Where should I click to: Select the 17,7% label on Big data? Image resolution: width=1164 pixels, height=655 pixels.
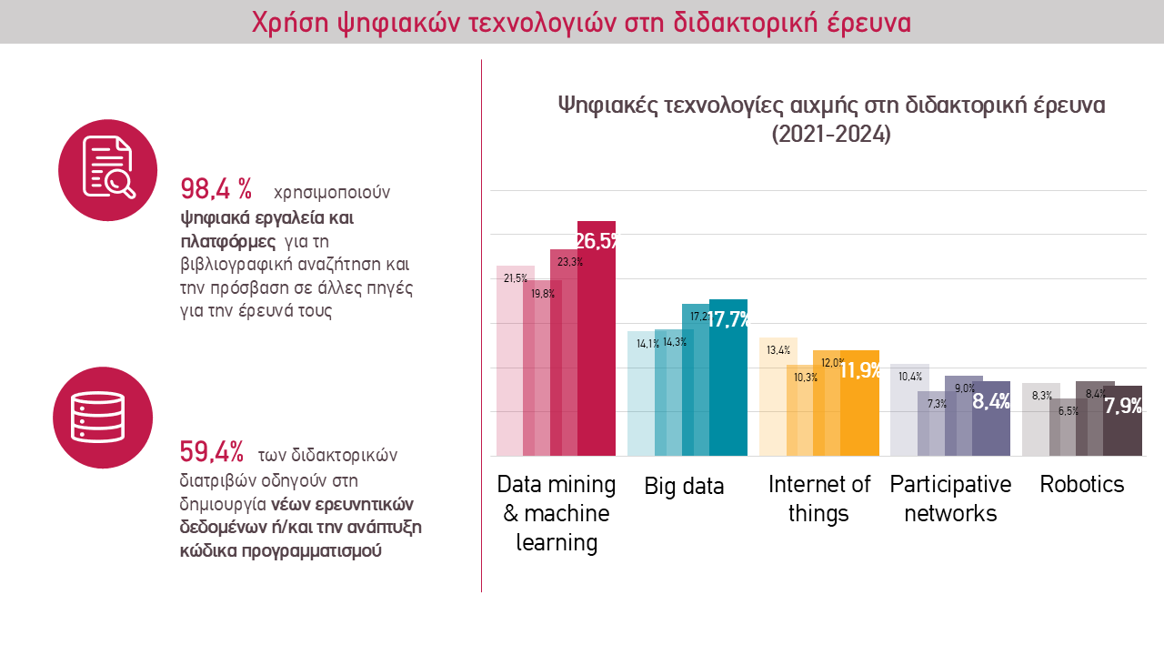click(729, 319)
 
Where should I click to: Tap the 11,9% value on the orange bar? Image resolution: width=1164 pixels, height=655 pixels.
click(860, 370)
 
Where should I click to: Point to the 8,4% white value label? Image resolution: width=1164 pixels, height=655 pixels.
click(991, 401)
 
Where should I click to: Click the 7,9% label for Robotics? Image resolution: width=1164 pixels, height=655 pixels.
click(1123, 406)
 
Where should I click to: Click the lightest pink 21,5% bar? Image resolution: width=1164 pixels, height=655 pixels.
click(508, 364)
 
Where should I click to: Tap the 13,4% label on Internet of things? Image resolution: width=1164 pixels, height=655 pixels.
click(778, 350)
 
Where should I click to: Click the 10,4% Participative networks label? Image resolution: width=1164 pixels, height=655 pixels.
click(910, 377)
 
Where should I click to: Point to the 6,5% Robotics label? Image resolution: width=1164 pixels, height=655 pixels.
click(1069, 411)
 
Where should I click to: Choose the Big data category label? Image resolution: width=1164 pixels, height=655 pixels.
click(684, 486)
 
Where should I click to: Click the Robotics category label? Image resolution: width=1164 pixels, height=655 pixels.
click(1082, 484)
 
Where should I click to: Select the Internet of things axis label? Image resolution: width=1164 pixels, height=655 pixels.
click(818, 499)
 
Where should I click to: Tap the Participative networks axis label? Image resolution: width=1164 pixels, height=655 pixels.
click(950, 499)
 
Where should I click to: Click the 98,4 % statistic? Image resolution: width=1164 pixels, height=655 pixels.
click(216, 189)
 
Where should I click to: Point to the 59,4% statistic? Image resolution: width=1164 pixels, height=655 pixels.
click(212, 451)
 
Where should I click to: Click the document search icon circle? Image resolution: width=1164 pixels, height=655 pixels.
click(108, 169)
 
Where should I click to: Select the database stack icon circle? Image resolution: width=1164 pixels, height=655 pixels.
click(103, 418)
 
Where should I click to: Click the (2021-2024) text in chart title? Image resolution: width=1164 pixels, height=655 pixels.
click(830, 135)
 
